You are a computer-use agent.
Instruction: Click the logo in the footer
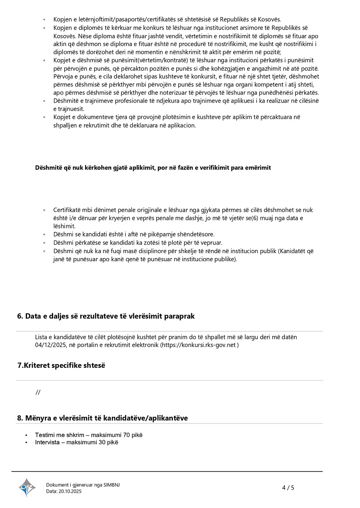coord(27,487)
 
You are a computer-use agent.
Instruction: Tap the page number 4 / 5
coord(288,487)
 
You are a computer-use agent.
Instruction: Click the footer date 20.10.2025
coord(70,491)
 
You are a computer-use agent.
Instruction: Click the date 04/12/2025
coord(50,345)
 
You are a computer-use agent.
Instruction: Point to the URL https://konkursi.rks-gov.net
coord(199,345)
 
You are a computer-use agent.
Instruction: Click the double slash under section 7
coord(38,392)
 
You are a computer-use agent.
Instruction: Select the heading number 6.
coord(20,316)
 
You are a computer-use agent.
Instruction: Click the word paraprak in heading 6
coord(180,316)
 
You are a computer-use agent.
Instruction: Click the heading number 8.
coord(20,418)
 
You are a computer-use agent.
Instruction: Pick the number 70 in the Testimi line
coord(127,435)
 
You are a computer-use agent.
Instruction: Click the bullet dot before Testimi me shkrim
coord(27,435)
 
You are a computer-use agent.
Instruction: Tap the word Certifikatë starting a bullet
coord(69,210)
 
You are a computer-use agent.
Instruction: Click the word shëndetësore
coord(192,234)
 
